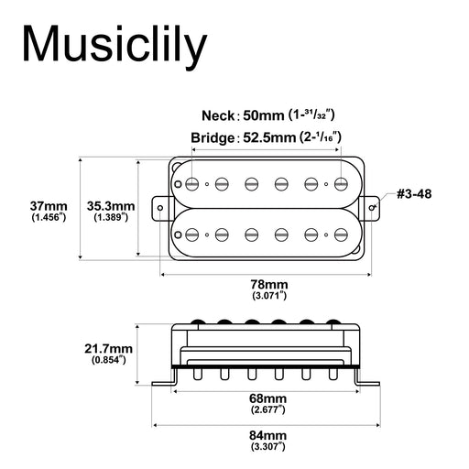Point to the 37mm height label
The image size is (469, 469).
(x=48, y=206)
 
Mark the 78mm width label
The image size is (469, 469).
(x=269, y=285)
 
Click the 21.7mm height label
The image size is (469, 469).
(x=109, y=350)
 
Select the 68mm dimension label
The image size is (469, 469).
(x=269, y=400)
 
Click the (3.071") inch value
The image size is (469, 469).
(x=269, y=297)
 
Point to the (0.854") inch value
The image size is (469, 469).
(x=109, y=362)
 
